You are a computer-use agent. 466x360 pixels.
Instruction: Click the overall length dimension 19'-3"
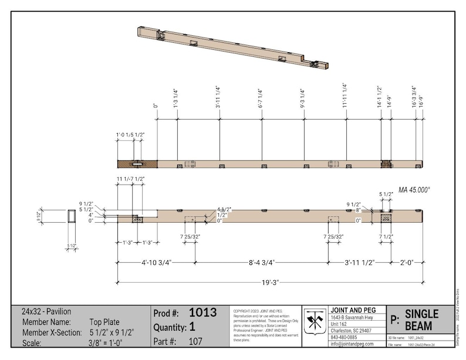coord(270,282)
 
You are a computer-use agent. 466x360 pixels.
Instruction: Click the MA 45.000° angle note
coord(414,190)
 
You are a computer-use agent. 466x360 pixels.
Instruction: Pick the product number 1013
coord(202,313)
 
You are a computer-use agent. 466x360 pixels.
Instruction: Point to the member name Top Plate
coord(104,322)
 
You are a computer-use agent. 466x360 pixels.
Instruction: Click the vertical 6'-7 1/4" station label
coord(261,99)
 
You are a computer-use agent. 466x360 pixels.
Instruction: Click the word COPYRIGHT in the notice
coord(243,311)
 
